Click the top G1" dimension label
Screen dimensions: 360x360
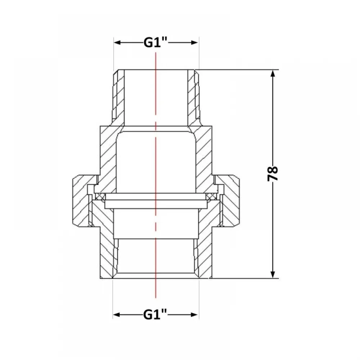[156, 42]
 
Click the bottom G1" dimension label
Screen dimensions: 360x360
[155, 315]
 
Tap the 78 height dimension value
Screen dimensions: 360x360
[273, 174]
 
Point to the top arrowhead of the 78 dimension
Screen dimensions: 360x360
[273, 73]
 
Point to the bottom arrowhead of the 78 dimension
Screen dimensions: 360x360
[273, 275]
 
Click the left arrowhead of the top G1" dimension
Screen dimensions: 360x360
[118, 42]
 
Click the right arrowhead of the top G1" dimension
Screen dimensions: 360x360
[195, 42]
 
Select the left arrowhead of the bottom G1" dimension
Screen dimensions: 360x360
[117, 315]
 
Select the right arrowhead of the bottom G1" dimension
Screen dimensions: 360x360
[194, 315]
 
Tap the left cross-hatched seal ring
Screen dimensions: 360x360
[99, 197]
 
